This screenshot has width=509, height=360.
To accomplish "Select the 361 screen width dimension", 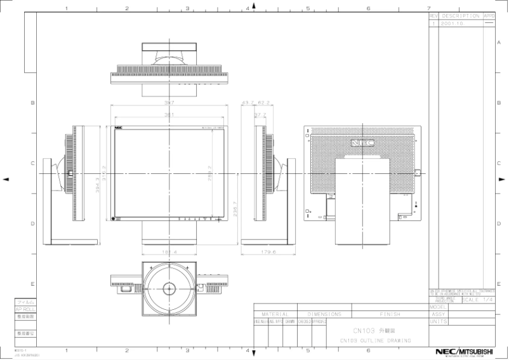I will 169,115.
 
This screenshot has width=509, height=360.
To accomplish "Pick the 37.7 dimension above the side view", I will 260,115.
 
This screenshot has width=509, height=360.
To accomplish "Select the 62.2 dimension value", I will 265,102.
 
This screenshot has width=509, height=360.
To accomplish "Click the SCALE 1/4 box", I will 479,300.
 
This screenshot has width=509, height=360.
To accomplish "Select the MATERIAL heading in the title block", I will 274,314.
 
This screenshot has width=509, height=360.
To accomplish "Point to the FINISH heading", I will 390,314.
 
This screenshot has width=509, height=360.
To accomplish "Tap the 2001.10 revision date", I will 452,23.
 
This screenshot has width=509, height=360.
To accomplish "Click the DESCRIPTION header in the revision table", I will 461,15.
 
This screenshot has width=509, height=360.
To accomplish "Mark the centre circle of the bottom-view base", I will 169,288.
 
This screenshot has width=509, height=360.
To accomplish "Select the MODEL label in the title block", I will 438,306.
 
